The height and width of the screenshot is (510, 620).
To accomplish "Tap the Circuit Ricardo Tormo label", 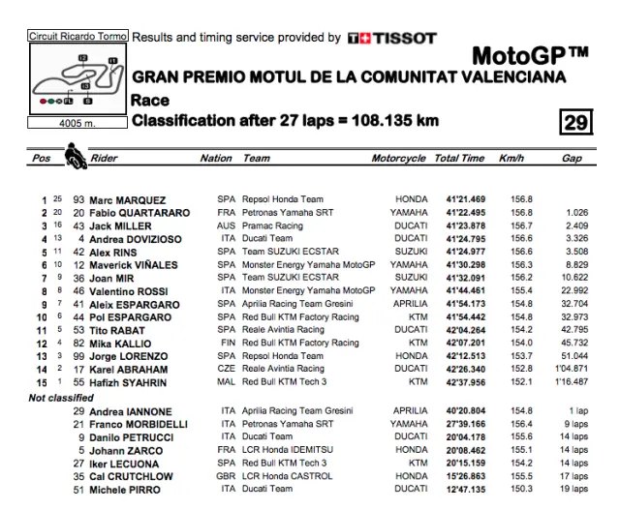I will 77,36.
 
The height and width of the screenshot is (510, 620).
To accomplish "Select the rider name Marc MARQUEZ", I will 127,200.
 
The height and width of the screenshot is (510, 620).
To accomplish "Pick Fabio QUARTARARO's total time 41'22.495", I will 460,213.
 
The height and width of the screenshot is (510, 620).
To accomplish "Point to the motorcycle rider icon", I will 75,155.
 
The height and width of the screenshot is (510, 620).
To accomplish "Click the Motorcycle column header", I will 398,158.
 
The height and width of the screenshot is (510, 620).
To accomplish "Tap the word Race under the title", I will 150,100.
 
